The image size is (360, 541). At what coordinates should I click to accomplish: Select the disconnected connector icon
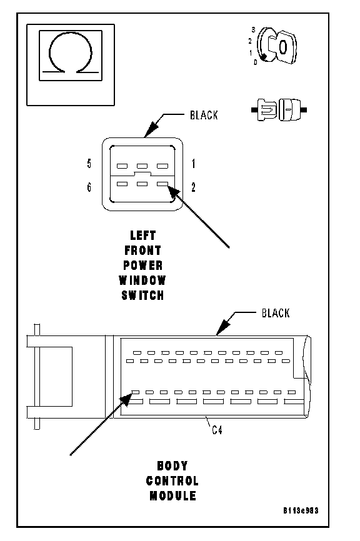click(279, 110)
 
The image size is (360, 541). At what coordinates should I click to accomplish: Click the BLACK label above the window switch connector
click(204, 115)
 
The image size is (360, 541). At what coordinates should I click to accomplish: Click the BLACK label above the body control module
click(276, 313)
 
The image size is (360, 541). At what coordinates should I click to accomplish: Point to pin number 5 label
click(89, 164)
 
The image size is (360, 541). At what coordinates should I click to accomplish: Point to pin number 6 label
click(89, 187)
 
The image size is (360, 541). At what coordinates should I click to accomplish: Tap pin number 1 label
click(193, 164)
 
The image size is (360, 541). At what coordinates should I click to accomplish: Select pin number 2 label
click(193, 187)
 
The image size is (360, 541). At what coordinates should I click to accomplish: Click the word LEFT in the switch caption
click(143, 236)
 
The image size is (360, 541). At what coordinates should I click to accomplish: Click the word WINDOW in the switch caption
click(142, 280)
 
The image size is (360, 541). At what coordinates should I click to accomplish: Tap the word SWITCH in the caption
click(142, 295)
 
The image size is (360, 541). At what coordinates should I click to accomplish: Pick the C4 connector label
click(217, 430)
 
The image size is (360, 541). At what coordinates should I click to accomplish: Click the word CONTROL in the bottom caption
click(172, 481)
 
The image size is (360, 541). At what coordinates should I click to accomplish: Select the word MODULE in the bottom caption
click(172, 496)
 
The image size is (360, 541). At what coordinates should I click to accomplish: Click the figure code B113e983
click(301, 510)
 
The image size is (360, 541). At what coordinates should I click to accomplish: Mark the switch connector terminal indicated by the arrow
click(162, 184)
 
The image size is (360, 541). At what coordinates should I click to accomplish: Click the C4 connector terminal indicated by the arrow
click(135, 392)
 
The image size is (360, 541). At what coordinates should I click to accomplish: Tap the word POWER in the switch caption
click(143, 266)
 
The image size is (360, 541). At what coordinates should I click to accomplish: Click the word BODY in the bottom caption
click(172, 466)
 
